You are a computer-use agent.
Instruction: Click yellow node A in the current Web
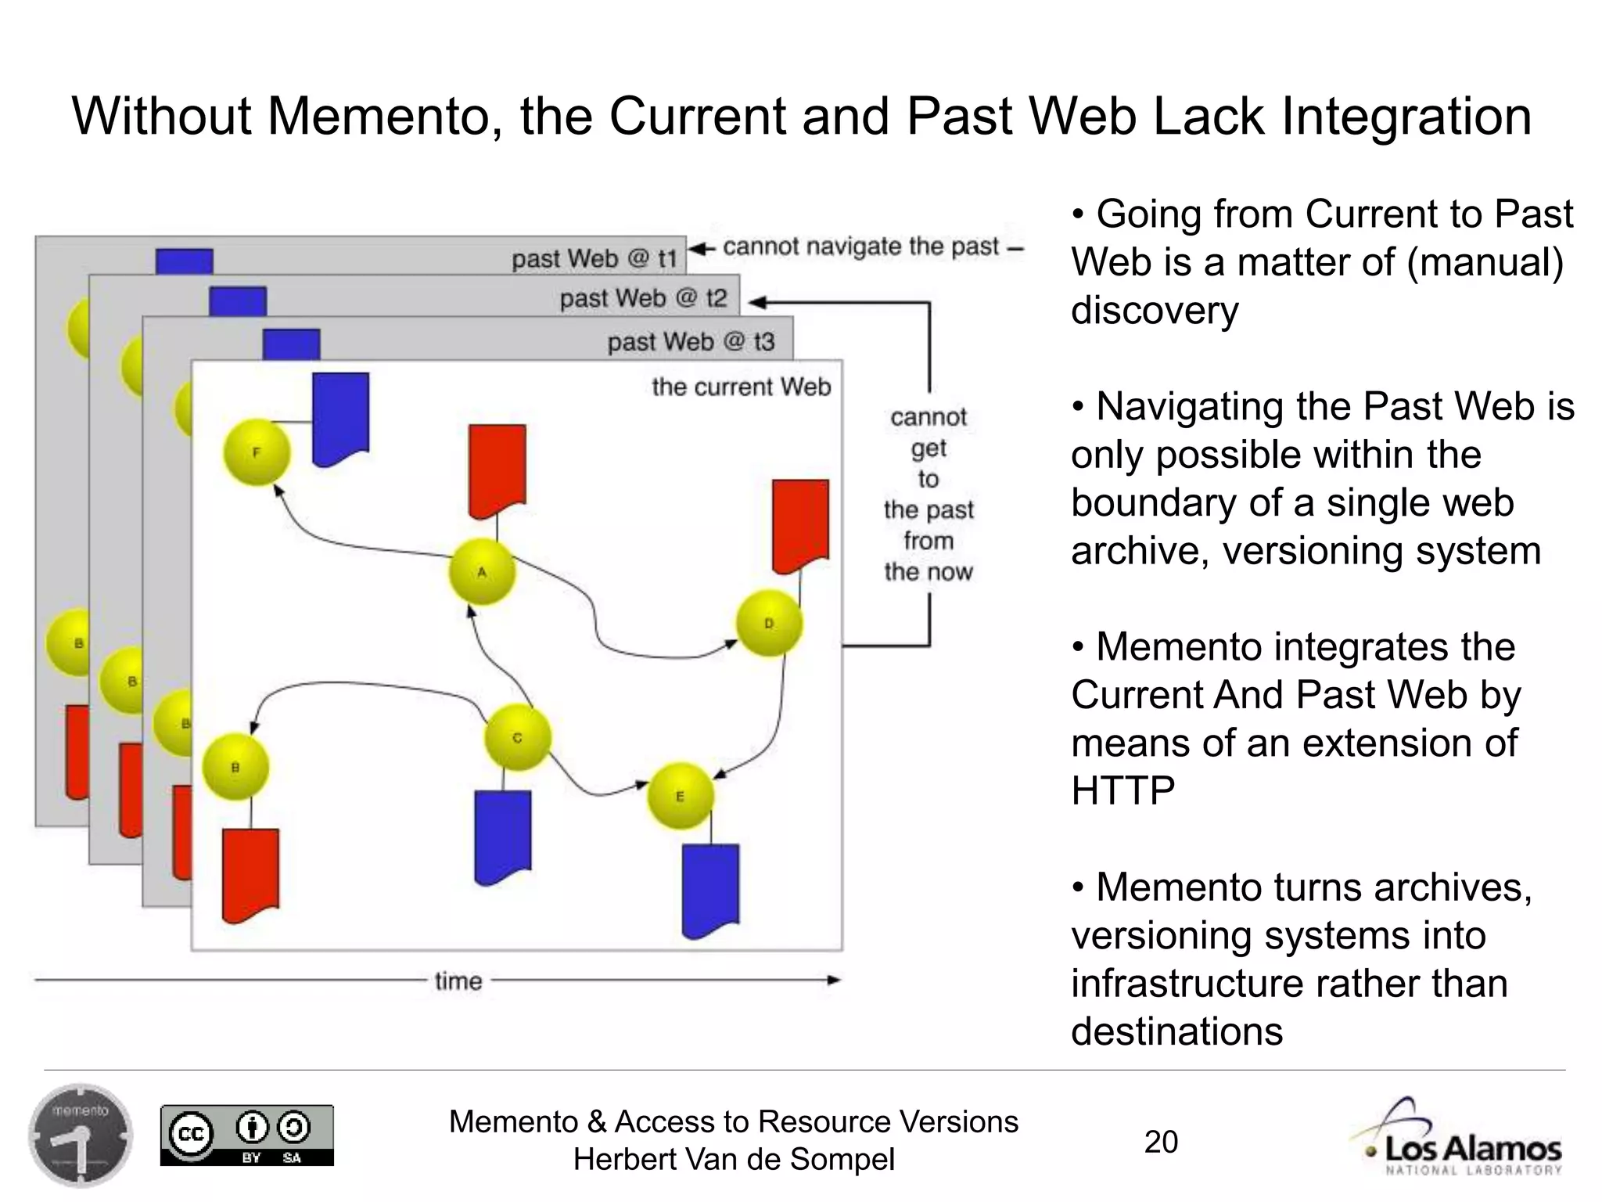coord(482,571)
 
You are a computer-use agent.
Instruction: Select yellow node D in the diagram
coord(769,623)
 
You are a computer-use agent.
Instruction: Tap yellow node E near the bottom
coord(680,796)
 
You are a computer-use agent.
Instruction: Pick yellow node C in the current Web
coord(517,737)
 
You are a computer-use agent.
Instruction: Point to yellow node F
coord(257,452)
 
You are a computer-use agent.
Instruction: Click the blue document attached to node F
coord(340,419)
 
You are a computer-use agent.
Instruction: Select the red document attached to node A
coord(497,470)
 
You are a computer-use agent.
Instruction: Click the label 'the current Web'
coord(741,387)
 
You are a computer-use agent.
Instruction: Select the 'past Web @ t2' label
coord(643,298)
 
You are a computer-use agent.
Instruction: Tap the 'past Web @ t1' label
coord(594,258)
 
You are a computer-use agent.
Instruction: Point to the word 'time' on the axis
coord(458,981)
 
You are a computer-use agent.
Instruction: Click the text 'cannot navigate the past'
coord(860,247)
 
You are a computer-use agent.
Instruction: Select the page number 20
coord(1161,1142)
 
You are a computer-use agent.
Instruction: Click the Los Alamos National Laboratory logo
coord(1457,1138)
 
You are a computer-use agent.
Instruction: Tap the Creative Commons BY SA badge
coord(246,1135)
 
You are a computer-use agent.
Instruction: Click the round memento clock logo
coord(81,1135)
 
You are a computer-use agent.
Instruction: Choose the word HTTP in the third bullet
coord(1122,790)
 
